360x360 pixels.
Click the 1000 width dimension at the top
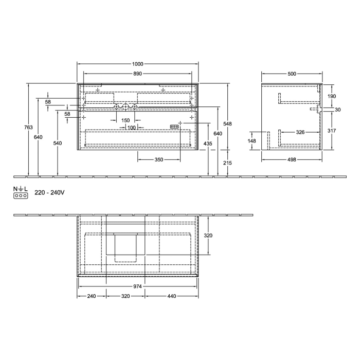pyautogui.click(x=137, y=64)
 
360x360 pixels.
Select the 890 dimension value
pyautogui.click(x=137, y=74)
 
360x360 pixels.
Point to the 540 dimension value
pyautogui.click(x=58, y=143)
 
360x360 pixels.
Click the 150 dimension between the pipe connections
pyautogui.click(x=125, y=120)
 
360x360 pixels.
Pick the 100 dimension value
pyautogui.click(x=131, y=128)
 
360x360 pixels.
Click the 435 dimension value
pyautogui.click(x=208, y=143)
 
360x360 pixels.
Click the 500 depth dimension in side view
pyautogui.click(x=292, y=74)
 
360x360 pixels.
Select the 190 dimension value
pyautogui.click(x=331, y=96)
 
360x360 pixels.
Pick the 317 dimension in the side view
pyautogui.click(x=331, y=131)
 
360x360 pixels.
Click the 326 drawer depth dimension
pyautogui.click(x=300, y=132)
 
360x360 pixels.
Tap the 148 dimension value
pyautogui.click(x=252, y=140)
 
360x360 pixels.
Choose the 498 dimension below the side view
pyautogui.click(x=291, y=160)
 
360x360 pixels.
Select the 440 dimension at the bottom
pyautogui.click(x=171, y=297)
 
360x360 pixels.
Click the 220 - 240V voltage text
pyautogui.click(x=49, y=193)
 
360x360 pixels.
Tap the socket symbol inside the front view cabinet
pyautogui.click(x=175, y=126)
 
